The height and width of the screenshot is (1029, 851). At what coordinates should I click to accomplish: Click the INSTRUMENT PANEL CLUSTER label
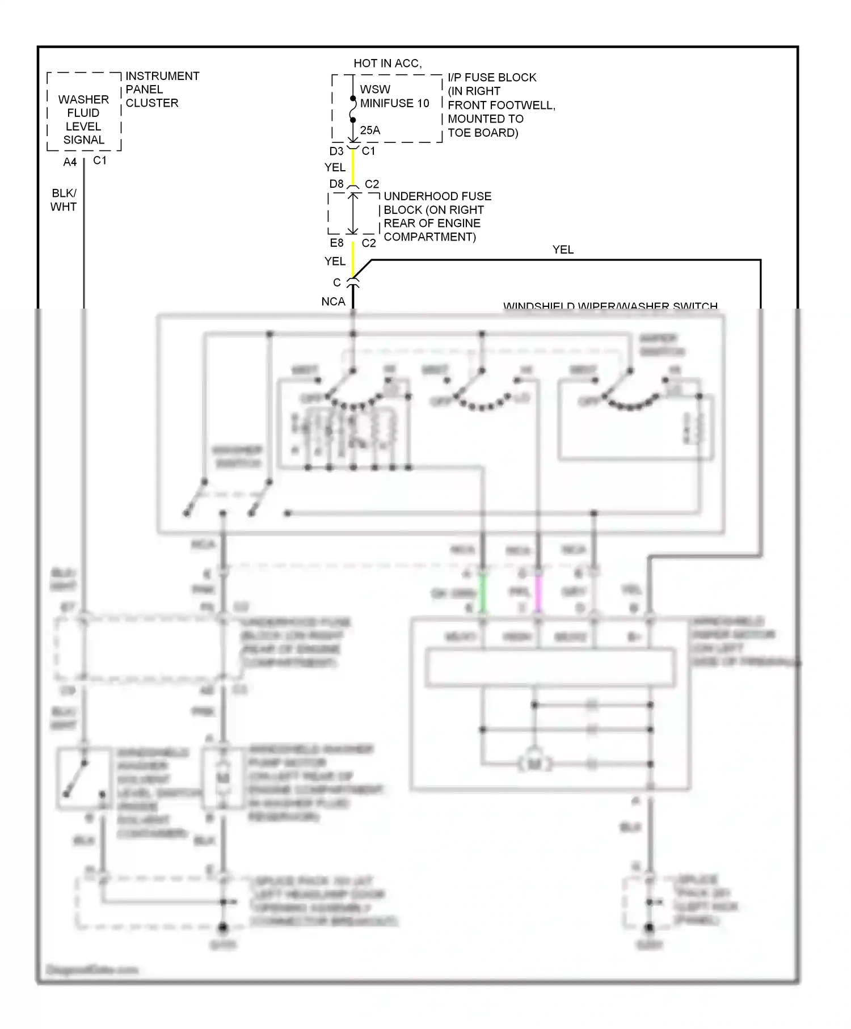click(x=162, y=89)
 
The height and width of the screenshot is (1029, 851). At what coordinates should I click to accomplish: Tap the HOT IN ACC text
click(x=387, y=64)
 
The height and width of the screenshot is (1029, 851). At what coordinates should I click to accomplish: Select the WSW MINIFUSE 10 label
click(x=394, y=96)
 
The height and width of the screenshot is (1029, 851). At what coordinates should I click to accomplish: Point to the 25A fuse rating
click(x=370, y=130)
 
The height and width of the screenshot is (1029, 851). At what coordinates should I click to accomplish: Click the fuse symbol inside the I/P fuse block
click(x=353, y=109)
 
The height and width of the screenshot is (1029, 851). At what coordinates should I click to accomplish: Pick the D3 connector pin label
click(x=336, y=151)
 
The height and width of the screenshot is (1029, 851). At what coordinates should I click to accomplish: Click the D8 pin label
click(x=336, y=184)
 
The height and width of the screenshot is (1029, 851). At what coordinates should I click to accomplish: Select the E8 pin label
click(x=336, y=243)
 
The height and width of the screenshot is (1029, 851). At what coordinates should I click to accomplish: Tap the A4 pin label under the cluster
click(x=70, y=162)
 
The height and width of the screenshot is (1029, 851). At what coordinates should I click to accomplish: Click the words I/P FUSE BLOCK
click(x=492, y=77)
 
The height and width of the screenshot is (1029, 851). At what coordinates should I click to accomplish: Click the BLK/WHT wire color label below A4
click(x=64, y=200)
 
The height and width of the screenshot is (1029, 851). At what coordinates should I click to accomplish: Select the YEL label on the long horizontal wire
click(x=563, y=250)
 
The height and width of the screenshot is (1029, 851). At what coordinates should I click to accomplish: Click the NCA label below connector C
click(x=333, y=301)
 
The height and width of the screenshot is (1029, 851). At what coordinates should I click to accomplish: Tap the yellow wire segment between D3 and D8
click(x=353, y=167)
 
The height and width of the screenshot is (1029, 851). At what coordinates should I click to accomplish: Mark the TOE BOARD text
click(x=483, y=133)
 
